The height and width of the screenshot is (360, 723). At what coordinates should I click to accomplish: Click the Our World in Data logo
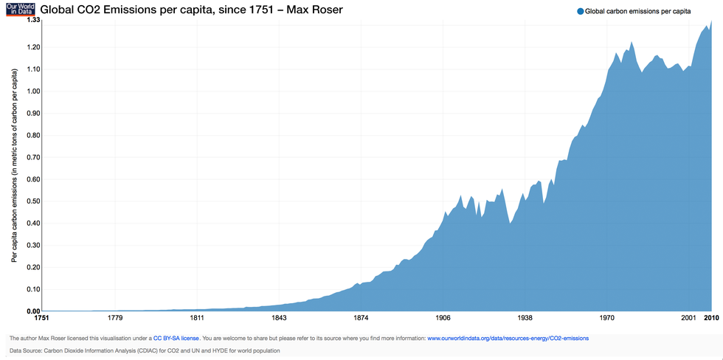pos(15,10)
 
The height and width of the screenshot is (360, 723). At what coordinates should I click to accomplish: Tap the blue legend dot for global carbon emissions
pos(580,11)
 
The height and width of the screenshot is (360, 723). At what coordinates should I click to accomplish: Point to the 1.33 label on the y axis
pos(33,20)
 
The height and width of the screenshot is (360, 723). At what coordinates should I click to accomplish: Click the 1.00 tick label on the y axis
pos(33,91)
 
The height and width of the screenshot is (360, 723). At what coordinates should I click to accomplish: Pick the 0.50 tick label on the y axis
pos(33,201)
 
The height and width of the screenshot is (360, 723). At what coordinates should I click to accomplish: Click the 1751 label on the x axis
pos(37,318)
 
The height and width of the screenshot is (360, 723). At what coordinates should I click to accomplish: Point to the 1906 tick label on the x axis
pos(443,318)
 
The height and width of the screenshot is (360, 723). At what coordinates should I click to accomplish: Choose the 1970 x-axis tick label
pos(607,318)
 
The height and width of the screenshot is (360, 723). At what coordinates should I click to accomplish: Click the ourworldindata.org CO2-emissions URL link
pos(508,338)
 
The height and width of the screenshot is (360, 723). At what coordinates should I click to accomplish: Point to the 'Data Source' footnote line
pos(145,350)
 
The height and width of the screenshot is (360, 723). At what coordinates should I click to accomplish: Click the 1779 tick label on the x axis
pos(115,318)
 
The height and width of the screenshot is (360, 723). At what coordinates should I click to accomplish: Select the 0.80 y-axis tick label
pos(33,135)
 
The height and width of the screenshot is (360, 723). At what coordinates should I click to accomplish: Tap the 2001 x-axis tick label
pos(689,318)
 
